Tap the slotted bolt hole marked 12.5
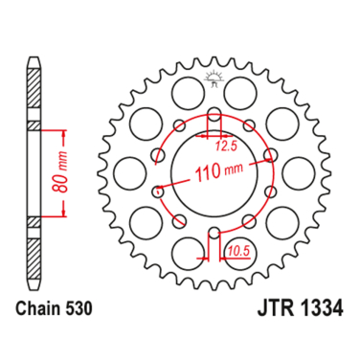point(214,123)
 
